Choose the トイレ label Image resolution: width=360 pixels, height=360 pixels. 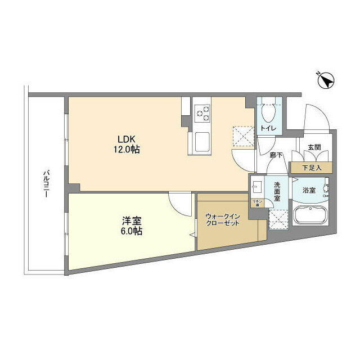(268, 129)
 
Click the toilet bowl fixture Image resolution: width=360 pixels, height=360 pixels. (268, 112)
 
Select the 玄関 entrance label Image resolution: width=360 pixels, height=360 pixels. (314, 147)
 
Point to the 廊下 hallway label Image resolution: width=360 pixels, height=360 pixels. (275, 155)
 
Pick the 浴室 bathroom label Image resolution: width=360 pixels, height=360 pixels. (309, 191)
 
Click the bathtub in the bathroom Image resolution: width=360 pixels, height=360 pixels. (310, 217)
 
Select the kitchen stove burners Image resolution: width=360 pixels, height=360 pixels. (201, 114)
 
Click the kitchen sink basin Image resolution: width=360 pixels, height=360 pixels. (202, 141)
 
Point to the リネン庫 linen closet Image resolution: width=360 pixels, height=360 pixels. (255, 202)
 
